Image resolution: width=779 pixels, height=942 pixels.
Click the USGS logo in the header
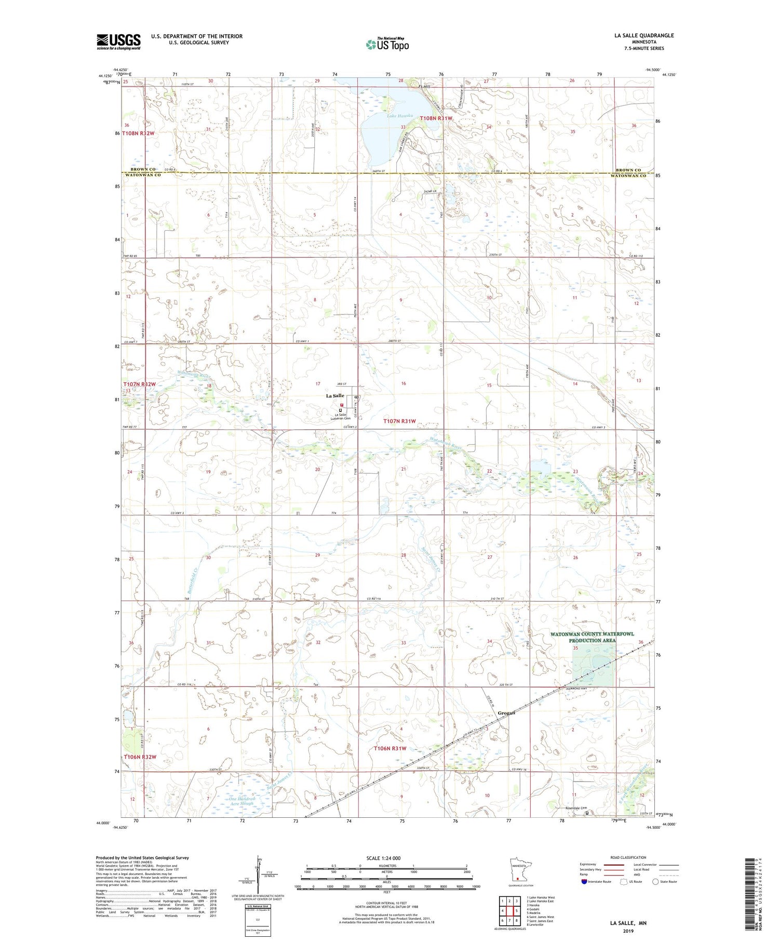118,42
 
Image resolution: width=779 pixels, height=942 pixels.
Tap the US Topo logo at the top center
387,45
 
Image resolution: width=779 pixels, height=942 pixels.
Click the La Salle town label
335,395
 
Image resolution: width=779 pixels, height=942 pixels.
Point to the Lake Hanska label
399,116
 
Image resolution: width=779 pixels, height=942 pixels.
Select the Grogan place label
506,713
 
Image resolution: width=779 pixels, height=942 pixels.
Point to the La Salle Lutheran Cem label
342,417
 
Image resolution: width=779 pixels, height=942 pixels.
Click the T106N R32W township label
140,757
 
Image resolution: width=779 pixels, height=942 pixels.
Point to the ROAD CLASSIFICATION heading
628,857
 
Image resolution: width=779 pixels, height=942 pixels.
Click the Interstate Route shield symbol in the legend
584,882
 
